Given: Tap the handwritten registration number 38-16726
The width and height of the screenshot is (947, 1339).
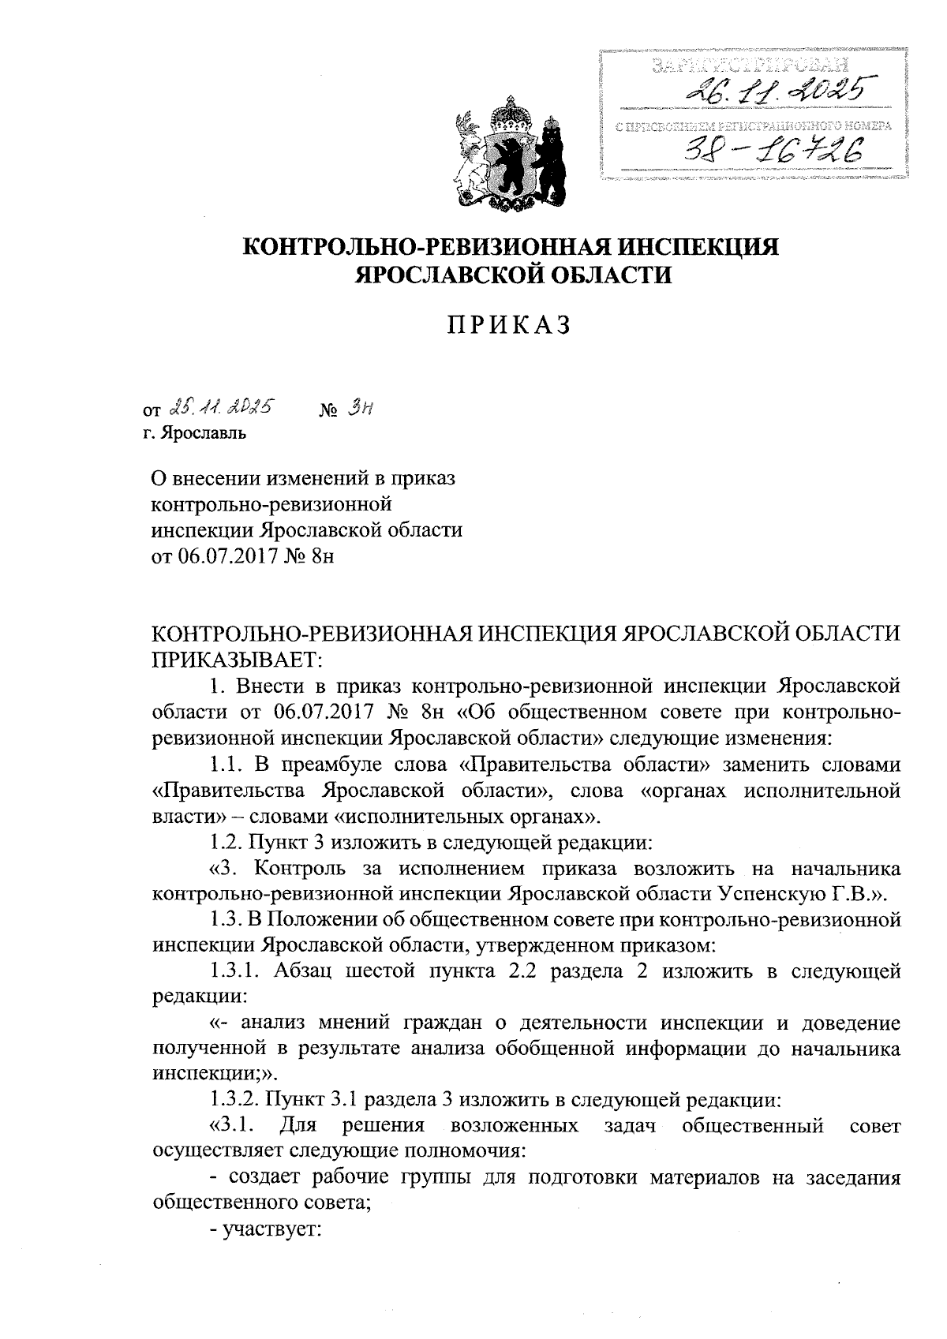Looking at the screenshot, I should click(x=771, y=146).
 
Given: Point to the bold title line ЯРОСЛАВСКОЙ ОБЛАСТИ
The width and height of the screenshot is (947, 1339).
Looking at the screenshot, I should click(x=513, y=275).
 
